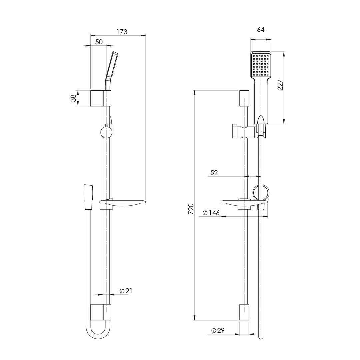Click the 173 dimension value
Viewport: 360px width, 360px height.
(122, 32)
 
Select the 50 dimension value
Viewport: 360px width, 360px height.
(99, 42)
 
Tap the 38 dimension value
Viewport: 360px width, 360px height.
(73, 98)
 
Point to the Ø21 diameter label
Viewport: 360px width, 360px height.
(126, 291)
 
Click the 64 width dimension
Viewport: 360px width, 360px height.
(261, 30)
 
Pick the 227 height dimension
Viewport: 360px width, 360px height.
(281, 85)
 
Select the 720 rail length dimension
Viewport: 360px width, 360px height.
(191, 209)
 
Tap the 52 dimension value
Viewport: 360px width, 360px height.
(214, 173)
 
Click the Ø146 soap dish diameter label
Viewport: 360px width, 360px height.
(211, 213)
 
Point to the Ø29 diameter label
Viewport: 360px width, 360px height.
(218, 330)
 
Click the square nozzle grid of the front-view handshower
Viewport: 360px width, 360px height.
(261, 65)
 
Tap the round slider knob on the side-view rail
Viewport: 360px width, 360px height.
(106, 132)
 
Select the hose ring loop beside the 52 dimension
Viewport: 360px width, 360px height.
(261, 193)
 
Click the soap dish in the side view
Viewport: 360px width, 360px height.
(122, 203)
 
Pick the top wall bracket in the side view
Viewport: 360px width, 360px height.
(101, 98)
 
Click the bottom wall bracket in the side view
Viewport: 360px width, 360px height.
(101, 312)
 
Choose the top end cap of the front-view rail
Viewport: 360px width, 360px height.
(244, 98)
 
